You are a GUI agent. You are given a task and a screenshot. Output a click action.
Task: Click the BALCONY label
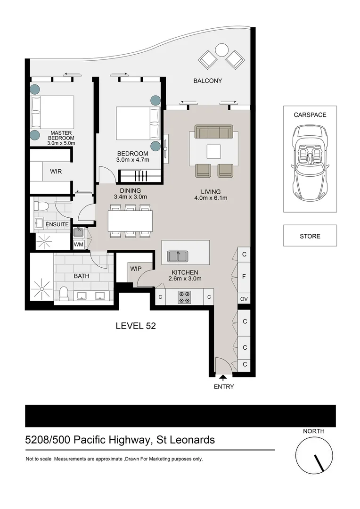[x=207, y=81]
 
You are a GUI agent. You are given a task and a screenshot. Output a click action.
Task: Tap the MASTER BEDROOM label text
[x=61, y=135]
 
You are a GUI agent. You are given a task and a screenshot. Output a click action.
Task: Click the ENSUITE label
[x=57, y=224]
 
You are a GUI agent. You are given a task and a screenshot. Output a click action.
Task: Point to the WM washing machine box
[x=78, y=245]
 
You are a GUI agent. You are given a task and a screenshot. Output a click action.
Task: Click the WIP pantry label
[x=136, y=268]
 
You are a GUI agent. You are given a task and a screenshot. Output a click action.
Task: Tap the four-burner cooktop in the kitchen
[x=184, y=297]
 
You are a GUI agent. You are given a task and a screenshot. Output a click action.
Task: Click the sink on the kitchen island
[x=178, y=256]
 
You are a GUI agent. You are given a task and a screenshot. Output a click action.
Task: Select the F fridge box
[x=244, y=277]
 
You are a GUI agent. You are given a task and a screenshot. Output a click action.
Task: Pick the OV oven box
[x=244, y=299]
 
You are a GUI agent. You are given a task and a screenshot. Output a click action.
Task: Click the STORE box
[x=310, y=236]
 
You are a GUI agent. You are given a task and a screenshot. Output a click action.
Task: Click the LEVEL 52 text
[x=136, y=326]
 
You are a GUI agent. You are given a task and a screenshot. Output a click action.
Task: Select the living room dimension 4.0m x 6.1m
[x=211, y=198]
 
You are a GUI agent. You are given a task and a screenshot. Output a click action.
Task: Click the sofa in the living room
[x=214, y=132]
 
